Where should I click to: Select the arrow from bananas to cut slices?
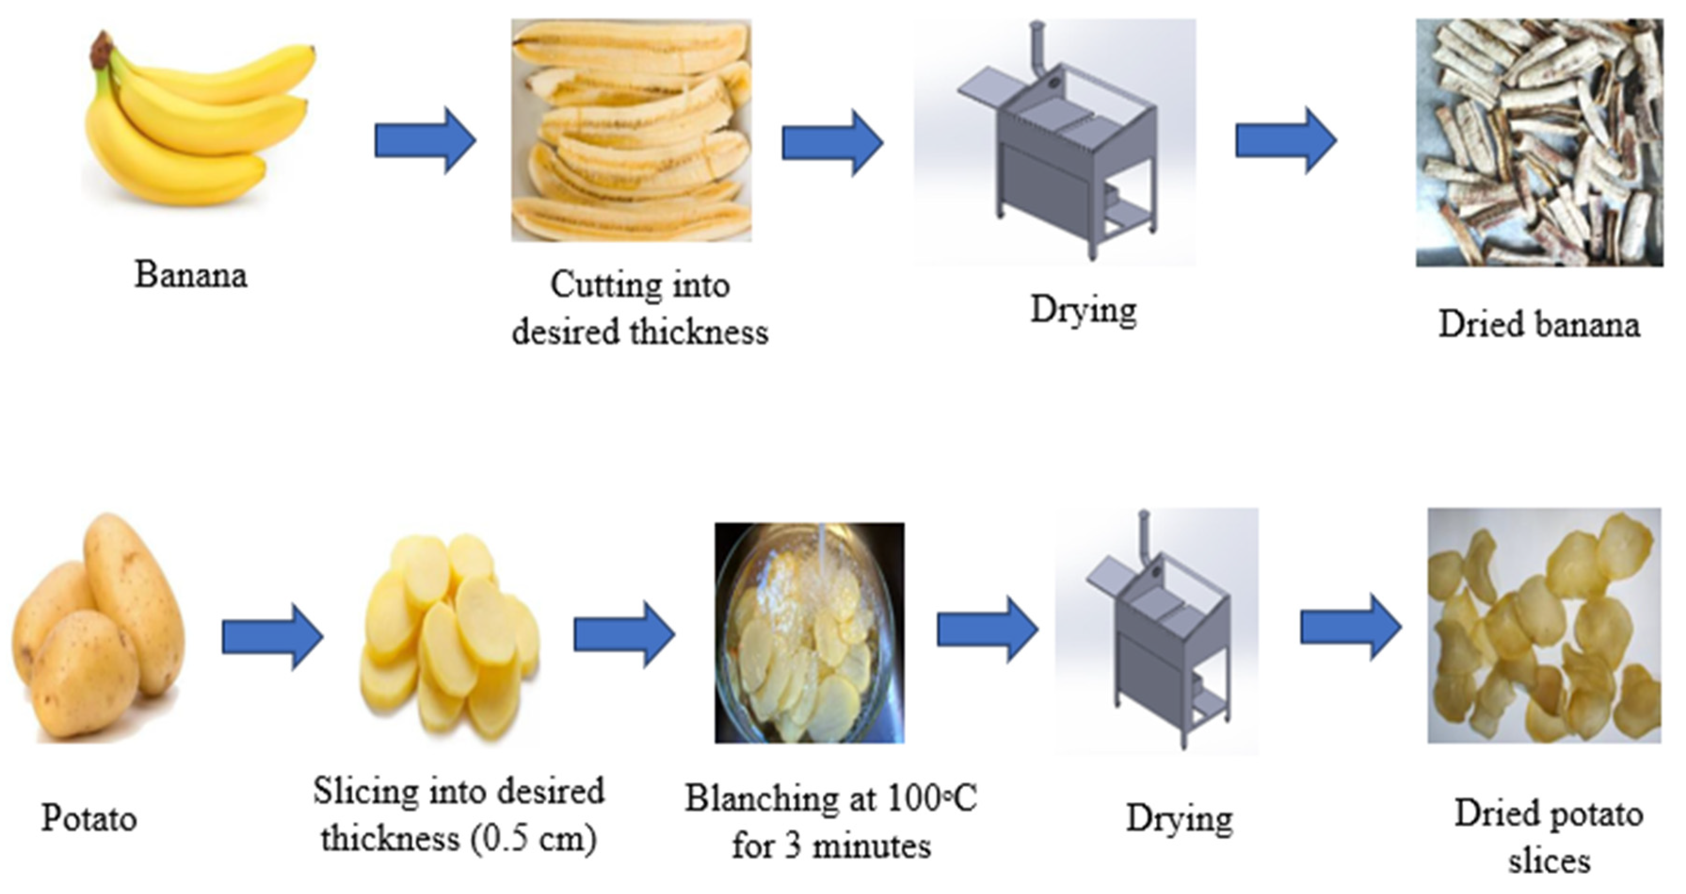tap(425, 141)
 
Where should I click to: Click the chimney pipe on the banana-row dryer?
tap(1036, 46)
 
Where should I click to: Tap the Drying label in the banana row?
tap(1083, 310)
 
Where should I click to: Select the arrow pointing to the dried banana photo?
tap(1285, 141)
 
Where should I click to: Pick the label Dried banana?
tap(1539, 324)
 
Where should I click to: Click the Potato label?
tap(89, 818)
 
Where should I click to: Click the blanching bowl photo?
tap(810, 632)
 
